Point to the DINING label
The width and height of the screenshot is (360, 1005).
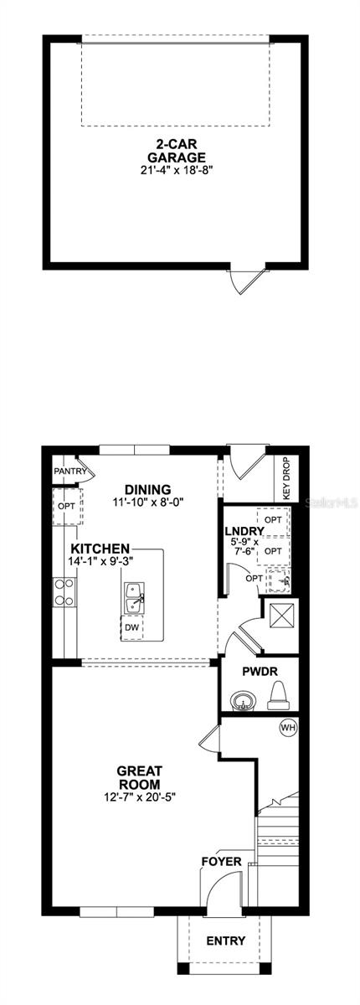(147, 490)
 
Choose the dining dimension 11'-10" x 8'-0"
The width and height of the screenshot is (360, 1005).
(147, 503)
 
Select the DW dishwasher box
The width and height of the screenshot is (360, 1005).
(132, 627)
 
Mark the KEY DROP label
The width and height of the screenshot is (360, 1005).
(286, 478)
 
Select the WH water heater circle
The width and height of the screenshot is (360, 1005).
(288, 727)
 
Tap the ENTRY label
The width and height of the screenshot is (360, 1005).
(226, 941)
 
